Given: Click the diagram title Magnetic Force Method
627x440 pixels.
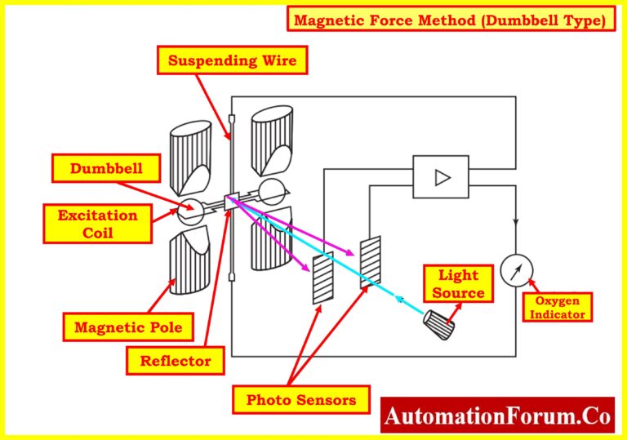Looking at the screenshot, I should point(451,19).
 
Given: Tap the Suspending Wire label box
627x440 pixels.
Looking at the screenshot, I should point(232,60).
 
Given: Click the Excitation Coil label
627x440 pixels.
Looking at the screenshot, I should point(97,224).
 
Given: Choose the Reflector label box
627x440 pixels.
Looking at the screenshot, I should point(175,360).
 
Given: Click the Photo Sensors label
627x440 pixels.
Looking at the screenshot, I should point(301,399).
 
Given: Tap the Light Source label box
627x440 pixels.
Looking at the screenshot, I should point(458,283).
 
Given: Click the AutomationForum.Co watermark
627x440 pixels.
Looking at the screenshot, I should point(497,416).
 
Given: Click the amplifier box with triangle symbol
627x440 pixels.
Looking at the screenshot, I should point(441,177).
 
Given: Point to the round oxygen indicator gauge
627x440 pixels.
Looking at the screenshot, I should point(516,269).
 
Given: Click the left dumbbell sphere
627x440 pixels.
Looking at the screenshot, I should point(190,210).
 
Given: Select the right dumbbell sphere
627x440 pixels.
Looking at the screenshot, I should point(271,193).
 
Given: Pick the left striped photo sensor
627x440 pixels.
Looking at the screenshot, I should point(323,278).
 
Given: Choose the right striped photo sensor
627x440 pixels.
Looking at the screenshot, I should point(371,260).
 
